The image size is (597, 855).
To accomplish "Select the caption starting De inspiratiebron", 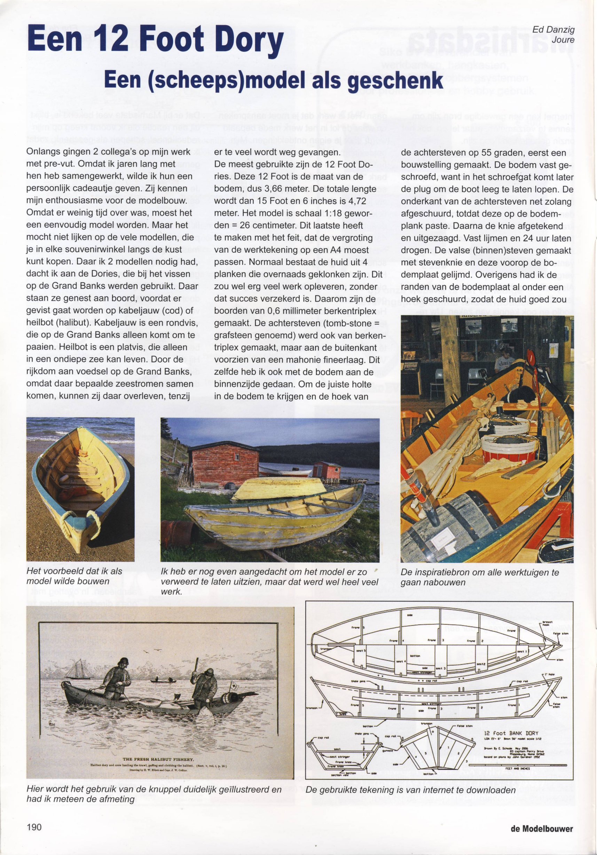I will pos(480,577).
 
